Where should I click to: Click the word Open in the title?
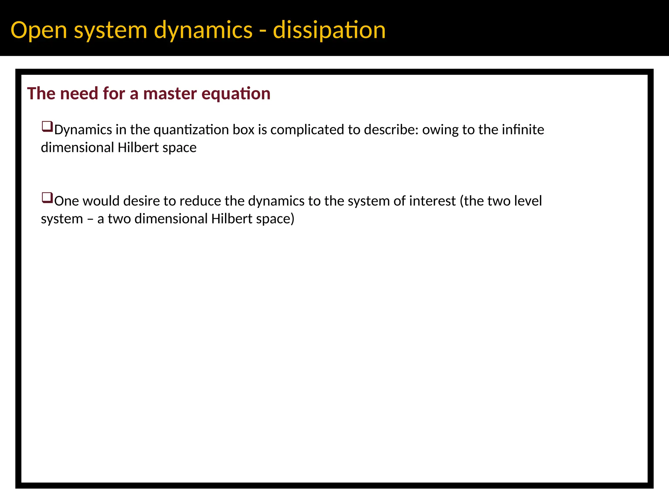[x=39, y=30]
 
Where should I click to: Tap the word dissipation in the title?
[x=329, y=30]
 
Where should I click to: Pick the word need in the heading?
[x=79, y=94]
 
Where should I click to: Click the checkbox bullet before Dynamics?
[x=47, y=127]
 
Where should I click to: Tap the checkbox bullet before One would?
[x=47, y=198]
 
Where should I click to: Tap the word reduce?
[x=200, y=201]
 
